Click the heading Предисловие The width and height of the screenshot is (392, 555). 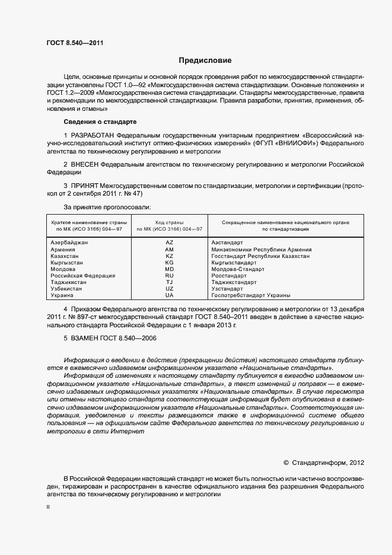[205, 60]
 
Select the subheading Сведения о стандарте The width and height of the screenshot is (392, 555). [100, 122]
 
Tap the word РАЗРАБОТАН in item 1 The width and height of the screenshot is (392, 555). [93, 136]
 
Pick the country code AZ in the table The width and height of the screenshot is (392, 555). [170, 243]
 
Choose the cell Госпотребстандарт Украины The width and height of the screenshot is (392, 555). [251, 295]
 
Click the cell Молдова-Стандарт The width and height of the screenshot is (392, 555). [237, 269]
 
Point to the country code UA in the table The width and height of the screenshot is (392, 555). [170, 295]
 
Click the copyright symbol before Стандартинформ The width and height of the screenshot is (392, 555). [286, 462]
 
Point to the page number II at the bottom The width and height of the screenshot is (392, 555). [48, 508]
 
